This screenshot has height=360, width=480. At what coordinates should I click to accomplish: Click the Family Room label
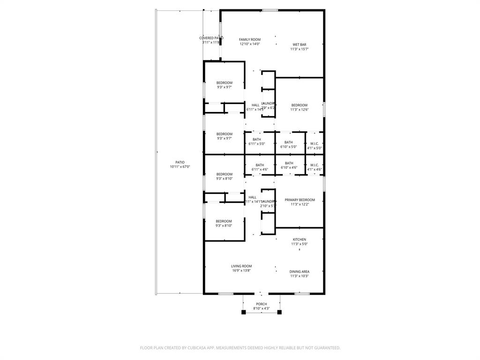coord(249,40)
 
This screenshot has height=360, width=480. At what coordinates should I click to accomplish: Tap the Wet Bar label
coord(300,45)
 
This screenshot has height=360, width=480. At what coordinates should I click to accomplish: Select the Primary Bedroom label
coord(300,200)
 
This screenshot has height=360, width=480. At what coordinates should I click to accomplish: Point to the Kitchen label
coord(300,240)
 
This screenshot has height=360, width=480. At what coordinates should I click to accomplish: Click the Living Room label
coord(241,266)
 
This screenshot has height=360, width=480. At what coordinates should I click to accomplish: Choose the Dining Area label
coord(300,272)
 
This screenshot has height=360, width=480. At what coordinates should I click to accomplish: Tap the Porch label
coord(261,304)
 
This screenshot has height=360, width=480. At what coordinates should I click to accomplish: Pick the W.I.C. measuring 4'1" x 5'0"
coord(314,143)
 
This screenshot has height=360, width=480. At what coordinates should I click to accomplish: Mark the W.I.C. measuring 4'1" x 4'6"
coord(314,165)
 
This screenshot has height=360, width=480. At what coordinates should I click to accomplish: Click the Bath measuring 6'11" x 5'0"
coord(257,139)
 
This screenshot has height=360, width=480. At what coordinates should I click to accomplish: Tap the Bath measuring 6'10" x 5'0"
coord(288,142)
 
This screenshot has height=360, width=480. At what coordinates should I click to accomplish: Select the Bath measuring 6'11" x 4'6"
coord(260,165)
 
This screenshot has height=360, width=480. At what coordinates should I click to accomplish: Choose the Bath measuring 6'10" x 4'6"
coord(289,163)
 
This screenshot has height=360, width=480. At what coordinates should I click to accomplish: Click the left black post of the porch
coord(243,312)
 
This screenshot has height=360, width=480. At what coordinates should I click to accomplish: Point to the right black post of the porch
coord(279,312)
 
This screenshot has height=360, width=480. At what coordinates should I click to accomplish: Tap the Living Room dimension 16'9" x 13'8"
coord(241,270)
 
